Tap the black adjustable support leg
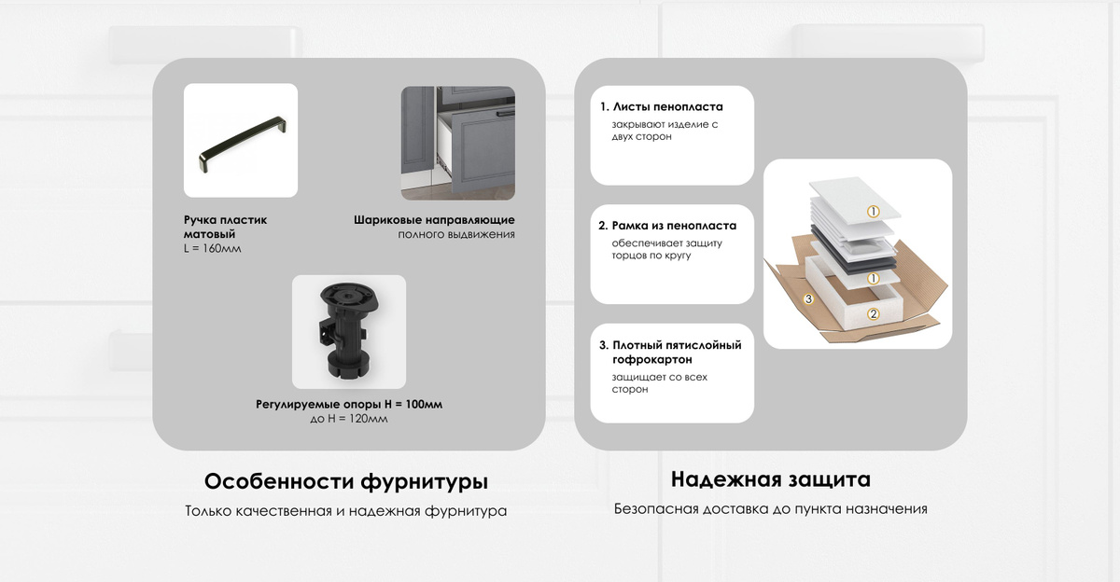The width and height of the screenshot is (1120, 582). tap(348, 331)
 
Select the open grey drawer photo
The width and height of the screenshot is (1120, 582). tap(458, 143)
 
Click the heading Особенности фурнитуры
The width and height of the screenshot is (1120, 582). tap(346, 482)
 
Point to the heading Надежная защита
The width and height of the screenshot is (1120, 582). tap(771, 479)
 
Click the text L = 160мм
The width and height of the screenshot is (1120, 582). tap(212, 249)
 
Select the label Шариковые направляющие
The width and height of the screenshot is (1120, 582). tap(434, 220)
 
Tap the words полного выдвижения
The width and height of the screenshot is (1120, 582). tap(456, 234)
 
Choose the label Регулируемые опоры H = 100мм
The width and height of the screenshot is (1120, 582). tap(349, 404)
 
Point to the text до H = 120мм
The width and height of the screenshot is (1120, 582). tap(348, 419)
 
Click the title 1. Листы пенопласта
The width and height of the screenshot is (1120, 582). tap(662, 107)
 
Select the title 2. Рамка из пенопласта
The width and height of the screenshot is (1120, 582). tap(667, 226)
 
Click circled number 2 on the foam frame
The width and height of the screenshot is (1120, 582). tap(873, 313)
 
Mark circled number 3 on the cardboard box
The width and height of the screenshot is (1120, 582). tap(808, 299)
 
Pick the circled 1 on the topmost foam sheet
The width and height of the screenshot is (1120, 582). tap(873, 212)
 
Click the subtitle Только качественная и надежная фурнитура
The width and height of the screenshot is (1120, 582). tap(346, 511)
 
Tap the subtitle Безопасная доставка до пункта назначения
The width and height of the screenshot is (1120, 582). tap(771, 509)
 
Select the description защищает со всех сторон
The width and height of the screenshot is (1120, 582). tap(660, 383)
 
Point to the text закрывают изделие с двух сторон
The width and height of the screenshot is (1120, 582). tap(665, 131)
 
